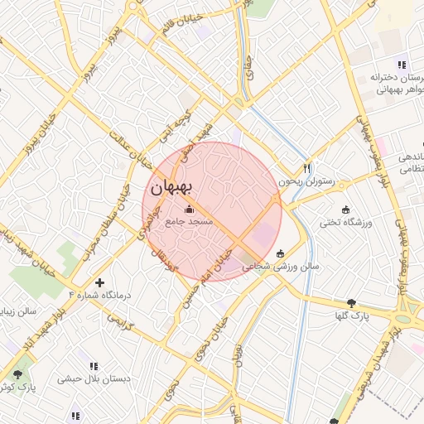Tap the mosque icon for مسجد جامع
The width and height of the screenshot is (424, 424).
pos(189,210)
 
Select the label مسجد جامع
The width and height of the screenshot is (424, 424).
pos(190,222)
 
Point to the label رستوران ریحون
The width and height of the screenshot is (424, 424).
pos(306,181)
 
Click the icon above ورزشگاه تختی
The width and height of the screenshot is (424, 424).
pos(345,210)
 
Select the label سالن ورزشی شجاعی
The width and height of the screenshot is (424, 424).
pos(281,267)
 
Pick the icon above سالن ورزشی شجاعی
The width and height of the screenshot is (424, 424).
pos(280,253)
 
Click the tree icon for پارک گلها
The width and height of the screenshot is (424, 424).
pos(353,303)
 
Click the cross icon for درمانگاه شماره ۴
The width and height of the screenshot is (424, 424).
pos(100,282)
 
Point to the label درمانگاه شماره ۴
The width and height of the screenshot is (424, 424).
pos(98,295)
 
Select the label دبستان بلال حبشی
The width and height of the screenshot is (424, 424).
pos(94,378)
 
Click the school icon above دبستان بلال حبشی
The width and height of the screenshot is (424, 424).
pos(93,365)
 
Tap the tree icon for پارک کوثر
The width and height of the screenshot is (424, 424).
pos(18,374)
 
